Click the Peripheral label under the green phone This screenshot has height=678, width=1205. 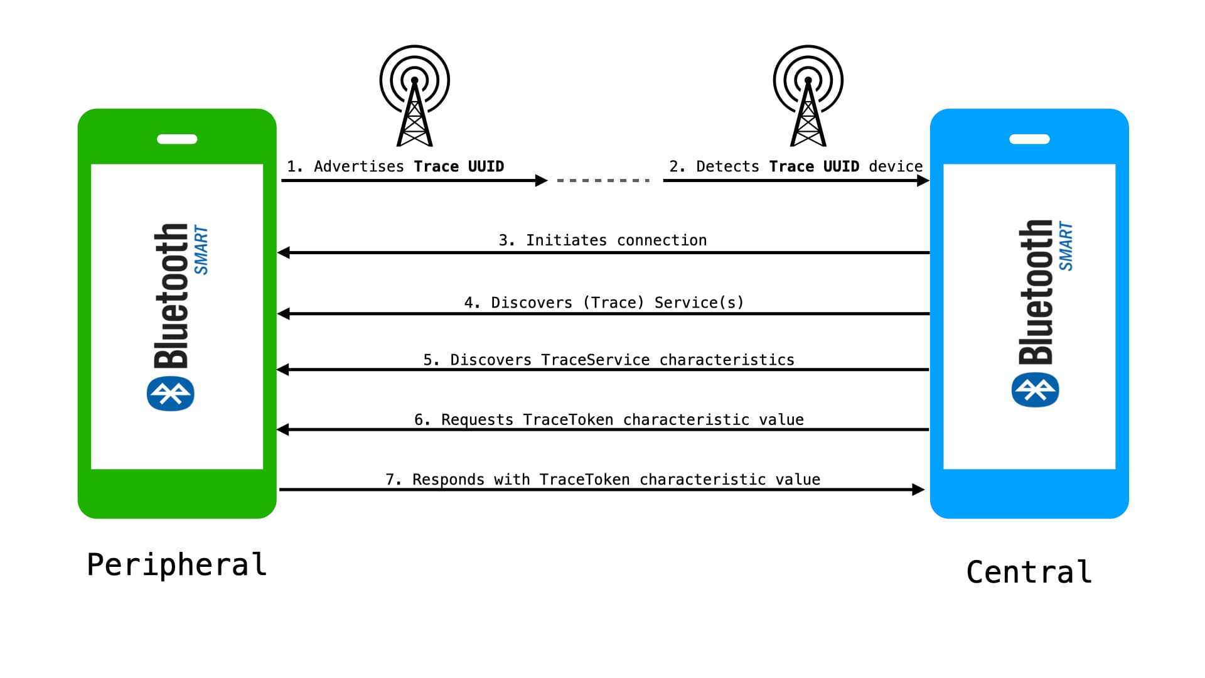coord(177,565)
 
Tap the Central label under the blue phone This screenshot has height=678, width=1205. coord(1029,572)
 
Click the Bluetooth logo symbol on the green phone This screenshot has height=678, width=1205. coord(171,394)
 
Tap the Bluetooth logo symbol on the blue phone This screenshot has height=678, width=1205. coord(1036,390)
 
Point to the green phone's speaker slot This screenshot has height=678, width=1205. coord(177,139)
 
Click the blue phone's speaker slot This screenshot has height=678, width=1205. coord(1029,139)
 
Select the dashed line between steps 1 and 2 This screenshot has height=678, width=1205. coord(603,181)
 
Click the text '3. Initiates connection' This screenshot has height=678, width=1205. coord(602,240)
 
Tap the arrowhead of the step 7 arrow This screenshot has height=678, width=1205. coord(918,490)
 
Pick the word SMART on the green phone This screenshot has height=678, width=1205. coord(201,250)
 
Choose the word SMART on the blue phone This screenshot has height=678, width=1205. coord(1066,246)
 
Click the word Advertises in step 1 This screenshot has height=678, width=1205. coord(359,166)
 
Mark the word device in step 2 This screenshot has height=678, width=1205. coord(896,166)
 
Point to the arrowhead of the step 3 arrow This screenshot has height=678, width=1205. coord(284,253)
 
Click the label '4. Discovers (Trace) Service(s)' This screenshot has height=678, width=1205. coord(604,303)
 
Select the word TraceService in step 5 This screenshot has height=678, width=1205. coord(596,360)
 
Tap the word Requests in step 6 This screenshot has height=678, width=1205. coord(477,420)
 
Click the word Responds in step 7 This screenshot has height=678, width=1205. coord(448,480)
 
